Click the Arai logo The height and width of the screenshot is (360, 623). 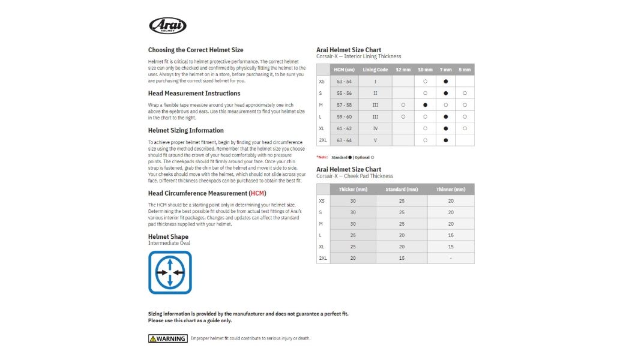click(167, 26)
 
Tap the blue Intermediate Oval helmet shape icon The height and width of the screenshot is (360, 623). click(170, 272)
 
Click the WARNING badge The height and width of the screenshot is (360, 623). click(167, 338)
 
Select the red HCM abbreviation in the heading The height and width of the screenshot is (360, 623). click(257, 193)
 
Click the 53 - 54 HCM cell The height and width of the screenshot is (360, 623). click(344, 82)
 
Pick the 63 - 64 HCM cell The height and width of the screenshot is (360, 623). click(344, 140)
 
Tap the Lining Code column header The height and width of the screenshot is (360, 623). click(375, 70)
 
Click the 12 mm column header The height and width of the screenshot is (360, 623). click(403, 70)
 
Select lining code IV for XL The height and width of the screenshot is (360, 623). click(375, 128)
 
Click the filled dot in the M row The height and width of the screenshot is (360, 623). click(425, 105)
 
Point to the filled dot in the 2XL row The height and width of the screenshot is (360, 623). click(445, 140)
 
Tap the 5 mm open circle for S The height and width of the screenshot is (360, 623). click(465, 93)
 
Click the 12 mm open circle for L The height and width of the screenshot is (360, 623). click(403, 117)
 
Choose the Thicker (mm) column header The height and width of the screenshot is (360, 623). click(352, 190)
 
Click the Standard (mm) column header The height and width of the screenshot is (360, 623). click(402, 190)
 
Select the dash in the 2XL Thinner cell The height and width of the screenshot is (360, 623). click(451, 258)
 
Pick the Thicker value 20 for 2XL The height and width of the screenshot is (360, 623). click(353, 258)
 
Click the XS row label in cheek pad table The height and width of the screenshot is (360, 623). click(322, 201)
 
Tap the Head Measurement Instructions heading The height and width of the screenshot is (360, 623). click(194, 94)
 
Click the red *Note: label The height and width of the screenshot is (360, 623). click(322, 158)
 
